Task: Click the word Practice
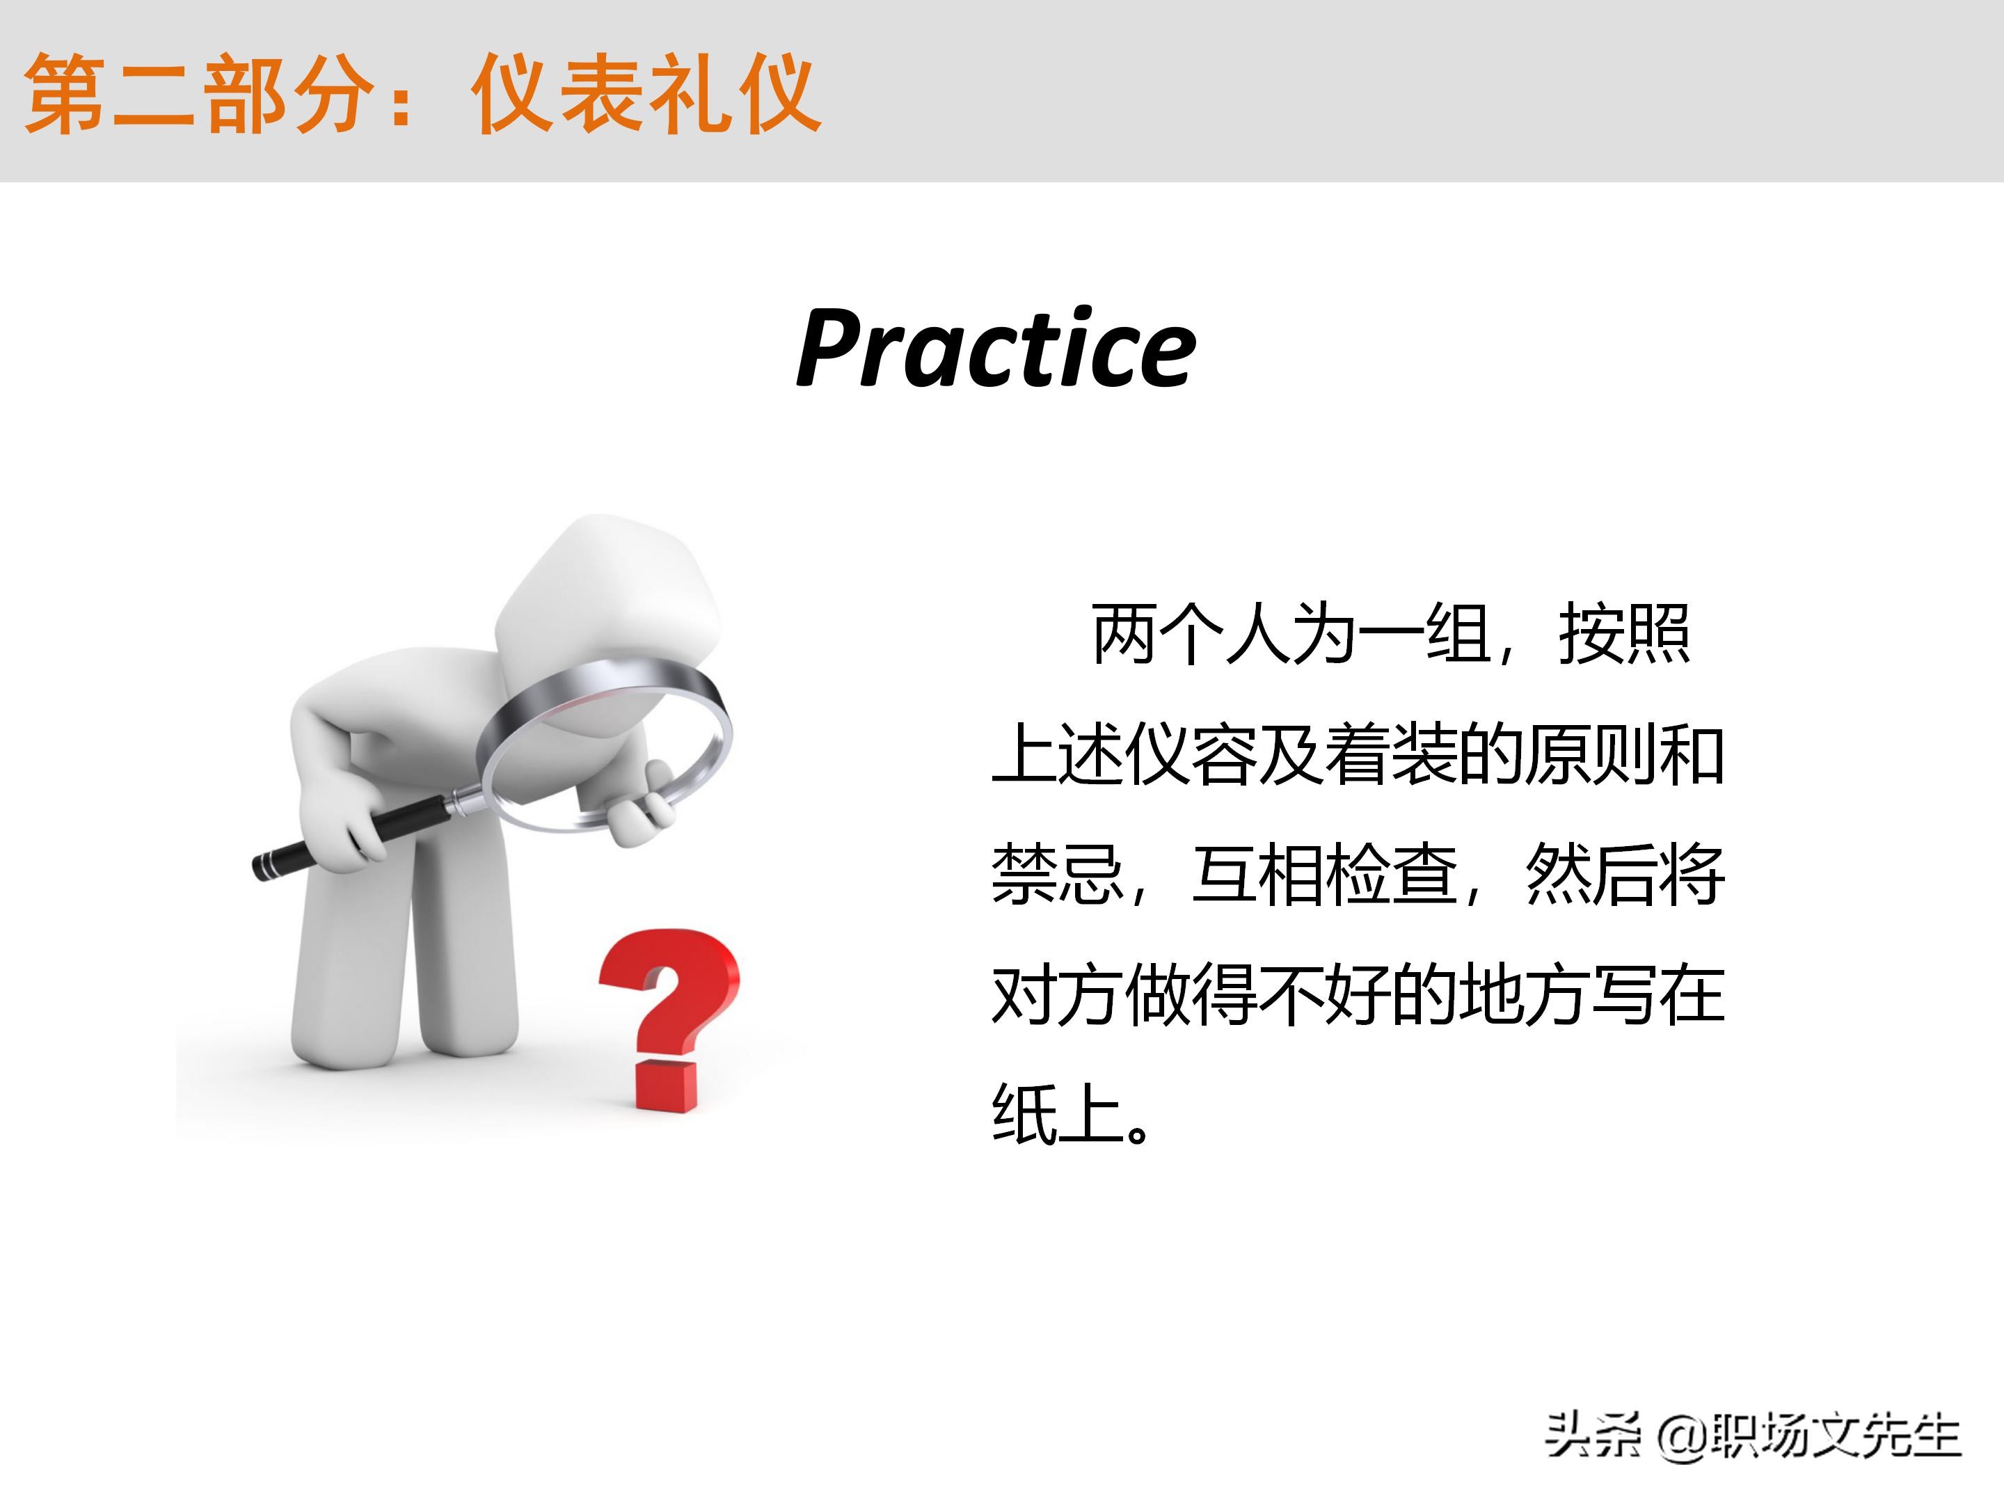[x=996, y=349]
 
